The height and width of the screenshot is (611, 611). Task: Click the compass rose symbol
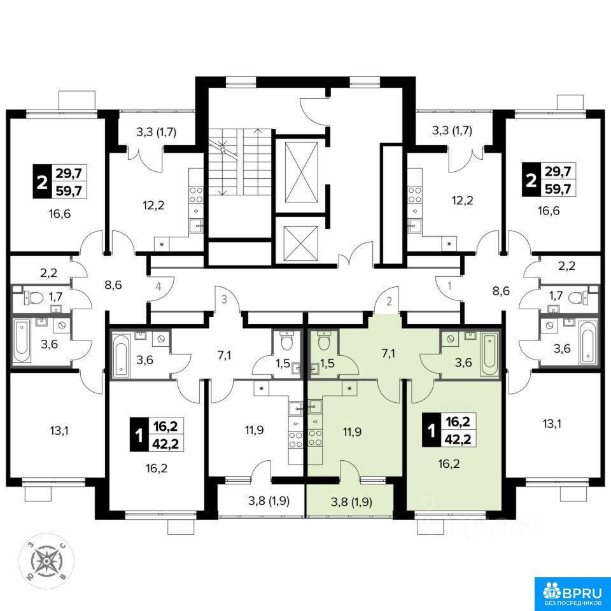(46, 561)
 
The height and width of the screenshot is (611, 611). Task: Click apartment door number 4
(158, 287)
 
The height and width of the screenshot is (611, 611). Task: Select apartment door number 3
(224, 300)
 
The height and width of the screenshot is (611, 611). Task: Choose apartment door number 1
(449, 286)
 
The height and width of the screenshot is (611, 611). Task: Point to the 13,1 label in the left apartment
(59, 431)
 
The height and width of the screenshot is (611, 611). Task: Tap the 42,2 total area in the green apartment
(458, 439)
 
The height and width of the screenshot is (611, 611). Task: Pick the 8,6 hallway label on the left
(113, 285)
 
